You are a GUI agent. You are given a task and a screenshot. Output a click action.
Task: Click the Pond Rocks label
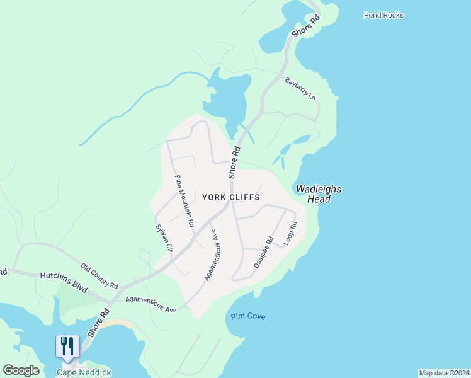(x=383, y=15)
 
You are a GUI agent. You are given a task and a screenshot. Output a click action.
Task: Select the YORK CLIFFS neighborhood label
(x=231, y=197)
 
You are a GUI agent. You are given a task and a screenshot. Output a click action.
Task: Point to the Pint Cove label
(x=248, y=316)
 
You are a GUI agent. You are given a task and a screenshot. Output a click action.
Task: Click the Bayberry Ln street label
(x=300, y=89)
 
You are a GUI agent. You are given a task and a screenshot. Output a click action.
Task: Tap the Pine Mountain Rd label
(x=184, y=200)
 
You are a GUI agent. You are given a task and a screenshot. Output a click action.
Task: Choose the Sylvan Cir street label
(x=164, y=238)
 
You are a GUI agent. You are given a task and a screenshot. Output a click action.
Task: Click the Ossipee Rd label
(x=263, y=253)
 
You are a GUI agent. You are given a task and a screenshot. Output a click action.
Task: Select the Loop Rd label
(x=290, y=233)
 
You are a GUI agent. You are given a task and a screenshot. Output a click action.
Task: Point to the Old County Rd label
(x=99, y=276)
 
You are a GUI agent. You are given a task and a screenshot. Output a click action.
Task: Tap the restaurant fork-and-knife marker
(x=68, y=346)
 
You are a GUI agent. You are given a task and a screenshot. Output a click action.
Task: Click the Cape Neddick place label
(x=84, y=372)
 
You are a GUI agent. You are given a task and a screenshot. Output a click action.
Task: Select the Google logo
(x=21, y=370)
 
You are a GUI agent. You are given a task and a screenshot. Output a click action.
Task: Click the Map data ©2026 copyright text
(x=444, y=373)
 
